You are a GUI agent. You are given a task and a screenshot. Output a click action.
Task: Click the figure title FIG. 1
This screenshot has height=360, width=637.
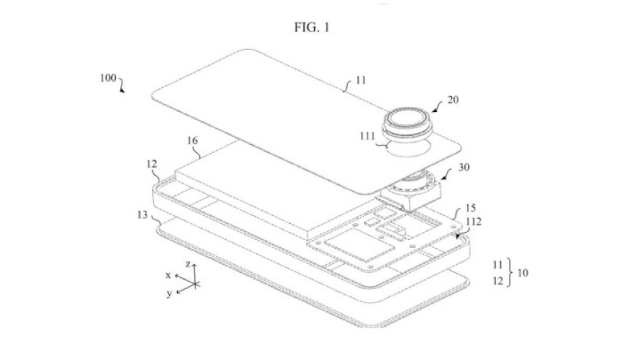tap(312, 27)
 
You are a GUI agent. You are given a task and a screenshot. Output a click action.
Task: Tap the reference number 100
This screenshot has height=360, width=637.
tap(108, 78)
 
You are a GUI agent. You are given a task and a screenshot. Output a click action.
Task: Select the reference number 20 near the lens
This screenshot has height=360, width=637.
tap(453, 100)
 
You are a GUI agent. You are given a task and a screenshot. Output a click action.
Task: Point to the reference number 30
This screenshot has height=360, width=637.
tap(464, 167)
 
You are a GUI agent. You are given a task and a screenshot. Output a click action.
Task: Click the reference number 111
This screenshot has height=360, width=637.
tap(368, 136)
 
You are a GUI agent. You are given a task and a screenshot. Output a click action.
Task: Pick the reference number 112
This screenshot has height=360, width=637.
tap(474, 221)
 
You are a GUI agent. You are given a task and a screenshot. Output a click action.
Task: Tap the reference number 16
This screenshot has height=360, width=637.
tap(192, 140)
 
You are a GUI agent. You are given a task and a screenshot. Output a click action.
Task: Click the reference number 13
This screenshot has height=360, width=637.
tap(142, 214)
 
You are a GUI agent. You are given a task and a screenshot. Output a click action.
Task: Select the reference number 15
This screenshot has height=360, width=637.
tap(471, 208)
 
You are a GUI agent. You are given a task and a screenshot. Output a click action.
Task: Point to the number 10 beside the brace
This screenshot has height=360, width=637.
tap(523, 273)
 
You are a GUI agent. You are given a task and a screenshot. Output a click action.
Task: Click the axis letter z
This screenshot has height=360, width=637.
tap(188, 264)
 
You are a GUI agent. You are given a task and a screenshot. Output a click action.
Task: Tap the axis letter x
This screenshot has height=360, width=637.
tap(168, 275)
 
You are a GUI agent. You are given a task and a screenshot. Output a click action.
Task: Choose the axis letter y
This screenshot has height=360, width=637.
tap(169, 293)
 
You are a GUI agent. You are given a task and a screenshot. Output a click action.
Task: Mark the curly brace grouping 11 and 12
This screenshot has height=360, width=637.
tap(510, 273)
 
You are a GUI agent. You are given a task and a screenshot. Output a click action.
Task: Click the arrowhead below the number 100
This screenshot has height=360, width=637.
tap(122, 91)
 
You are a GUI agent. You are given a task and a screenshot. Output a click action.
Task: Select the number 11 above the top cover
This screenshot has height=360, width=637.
tap(361, 80)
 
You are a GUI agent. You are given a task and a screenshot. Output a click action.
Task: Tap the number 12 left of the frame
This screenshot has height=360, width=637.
tap(152, 164)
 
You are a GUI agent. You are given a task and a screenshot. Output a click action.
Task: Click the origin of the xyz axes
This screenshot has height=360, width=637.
tap(195, 284)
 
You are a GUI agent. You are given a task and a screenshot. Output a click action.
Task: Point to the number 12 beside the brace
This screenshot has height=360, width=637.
tap(498, 281)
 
